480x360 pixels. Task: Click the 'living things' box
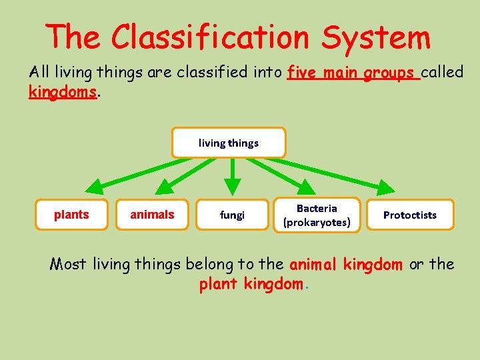pos(229,143)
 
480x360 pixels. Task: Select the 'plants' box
pos(71,215)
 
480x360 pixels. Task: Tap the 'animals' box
pos(152,215)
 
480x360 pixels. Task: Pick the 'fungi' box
pos(232,215)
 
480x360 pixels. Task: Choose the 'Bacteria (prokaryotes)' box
pos(317,215)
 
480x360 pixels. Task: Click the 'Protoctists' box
pos(410,215)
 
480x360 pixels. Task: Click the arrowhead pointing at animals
pos(163,188)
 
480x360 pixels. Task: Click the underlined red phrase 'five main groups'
pos(352,73)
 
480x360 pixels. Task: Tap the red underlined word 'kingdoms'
pos(63,92)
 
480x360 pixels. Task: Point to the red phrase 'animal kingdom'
pos(346,265)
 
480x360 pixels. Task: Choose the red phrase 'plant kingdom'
pos(251,285)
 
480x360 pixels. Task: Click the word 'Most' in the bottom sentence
pos(69,265)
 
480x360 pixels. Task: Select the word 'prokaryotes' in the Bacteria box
pos(317,222)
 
